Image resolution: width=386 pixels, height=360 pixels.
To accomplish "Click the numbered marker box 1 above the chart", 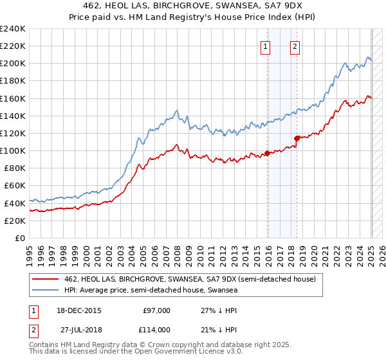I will [266, 46].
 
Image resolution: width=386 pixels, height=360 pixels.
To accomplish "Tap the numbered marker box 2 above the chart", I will [295, 46].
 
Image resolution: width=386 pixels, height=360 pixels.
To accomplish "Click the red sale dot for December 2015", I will [267, 154].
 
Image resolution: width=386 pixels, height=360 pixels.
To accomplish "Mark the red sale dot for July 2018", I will [297, 138].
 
